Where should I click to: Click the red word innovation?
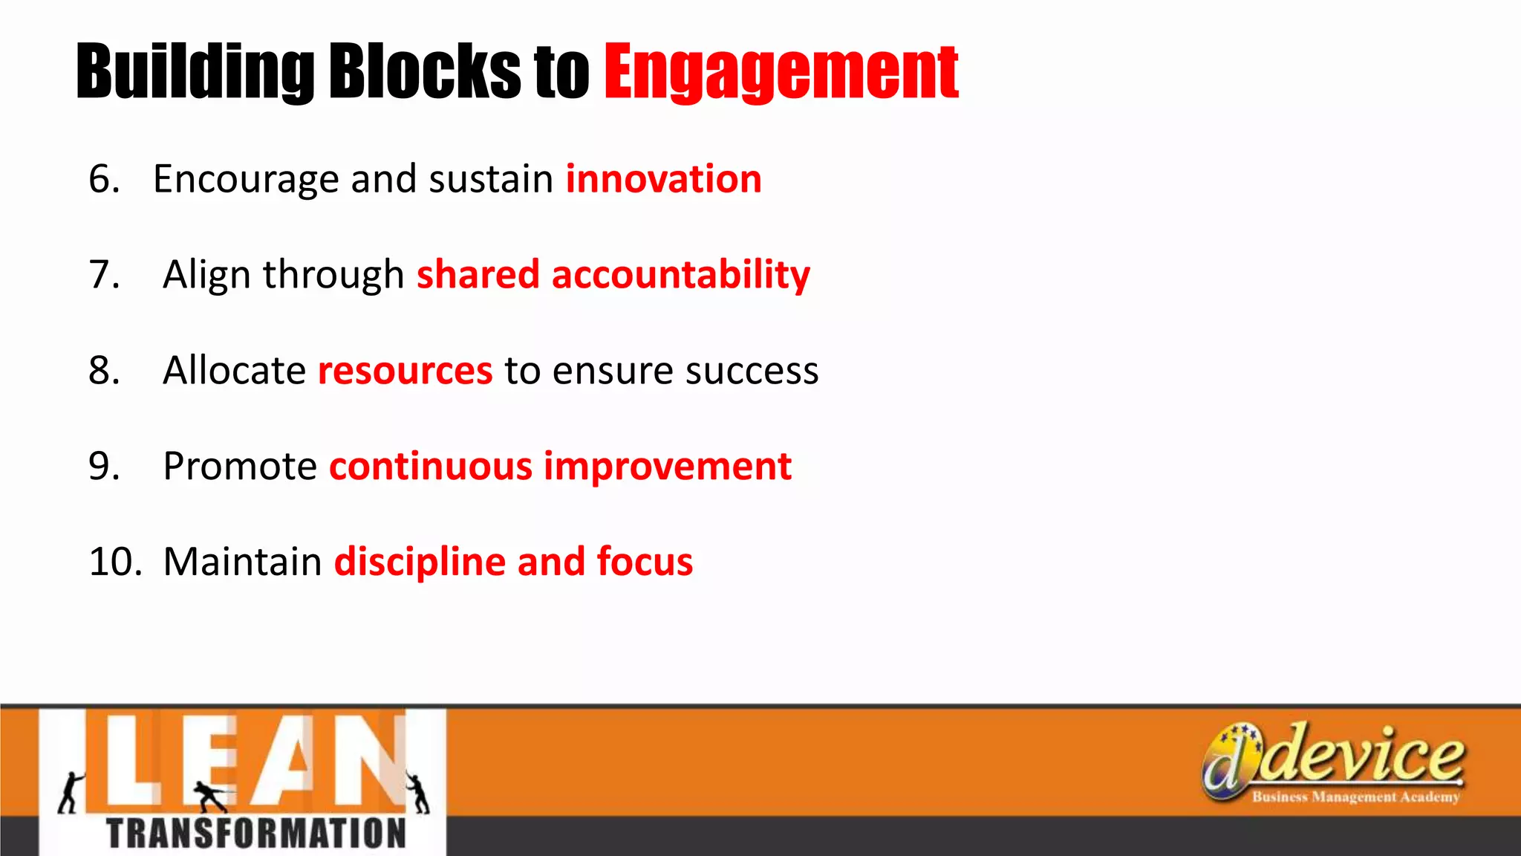pyautogui.click(x=663, y=179)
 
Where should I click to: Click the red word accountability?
pyautogui.click(x=680, y=275)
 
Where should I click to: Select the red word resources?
pyautogui.click(x=405, y=370)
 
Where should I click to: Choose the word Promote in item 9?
pyautogui.click(x=240, y=466)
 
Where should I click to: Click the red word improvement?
pyautogui.click(x=668, y=466)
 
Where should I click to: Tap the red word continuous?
pyautogui.click(x=431, y=466)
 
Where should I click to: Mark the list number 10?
pyautogui.click(x=114, y=561)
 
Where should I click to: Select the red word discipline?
pyautogui.click(x=420, y=561)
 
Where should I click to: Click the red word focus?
pyautogui.click(x=645, y=561)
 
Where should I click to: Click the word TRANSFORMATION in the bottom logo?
pyautogui.click(x=256, y=833)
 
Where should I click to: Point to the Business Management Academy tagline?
pyautogui.click(x=1355, y=797)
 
